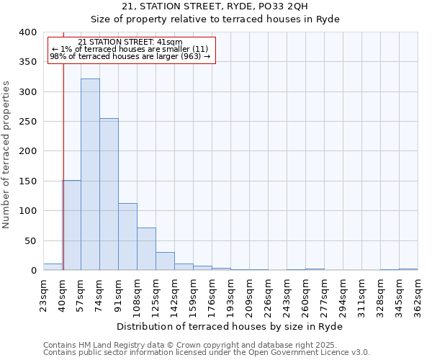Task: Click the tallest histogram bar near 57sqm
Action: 90,174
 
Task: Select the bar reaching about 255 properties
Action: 109,194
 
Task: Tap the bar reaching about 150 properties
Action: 71,225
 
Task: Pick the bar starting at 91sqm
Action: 127,237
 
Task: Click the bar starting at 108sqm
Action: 146,249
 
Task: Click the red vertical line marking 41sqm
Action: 63,166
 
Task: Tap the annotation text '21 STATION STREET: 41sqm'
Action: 130,42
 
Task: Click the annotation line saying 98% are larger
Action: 130,56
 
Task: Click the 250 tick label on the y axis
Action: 27,122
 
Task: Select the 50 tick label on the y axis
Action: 30,240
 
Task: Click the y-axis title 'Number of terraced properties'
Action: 6,154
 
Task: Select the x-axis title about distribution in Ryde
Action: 230,326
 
